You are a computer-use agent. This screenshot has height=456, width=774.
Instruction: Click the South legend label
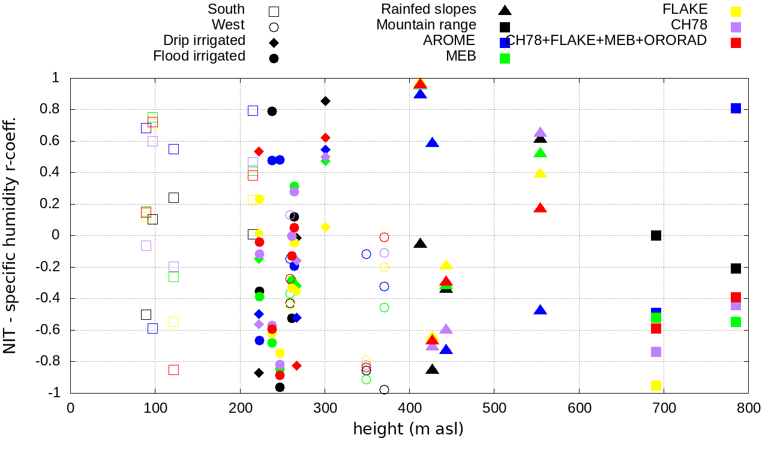226,9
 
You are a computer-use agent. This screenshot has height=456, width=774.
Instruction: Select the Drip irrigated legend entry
204,40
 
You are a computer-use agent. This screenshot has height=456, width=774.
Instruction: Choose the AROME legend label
449,40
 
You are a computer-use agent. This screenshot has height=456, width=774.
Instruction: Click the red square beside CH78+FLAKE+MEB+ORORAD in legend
736,43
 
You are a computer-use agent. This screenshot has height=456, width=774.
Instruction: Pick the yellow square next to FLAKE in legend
736,11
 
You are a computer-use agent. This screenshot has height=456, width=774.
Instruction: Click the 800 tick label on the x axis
748,409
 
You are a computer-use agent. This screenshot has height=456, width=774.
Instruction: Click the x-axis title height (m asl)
409,430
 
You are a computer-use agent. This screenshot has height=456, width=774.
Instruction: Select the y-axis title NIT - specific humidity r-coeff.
10,235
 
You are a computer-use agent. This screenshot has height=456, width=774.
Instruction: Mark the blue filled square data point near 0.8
736,108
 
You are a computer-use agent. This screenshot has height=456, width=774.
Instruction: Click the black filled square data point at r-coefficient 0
656,235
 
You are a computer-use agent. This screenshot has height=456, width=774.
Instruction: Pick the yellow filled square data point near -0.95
656,385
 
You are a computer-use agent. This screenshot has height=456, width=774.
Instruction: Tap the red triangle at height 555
540,208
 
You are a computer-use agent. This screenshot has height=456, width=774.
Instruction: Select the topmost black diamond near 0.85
325,101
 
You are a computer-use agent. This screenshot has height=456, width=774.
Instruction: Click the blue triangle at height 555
540,310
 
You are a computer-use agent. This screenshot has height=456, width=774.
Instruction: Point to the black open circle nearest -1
384,390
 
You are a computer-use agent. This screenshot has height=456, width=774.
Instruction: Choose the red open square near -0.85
173,370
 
